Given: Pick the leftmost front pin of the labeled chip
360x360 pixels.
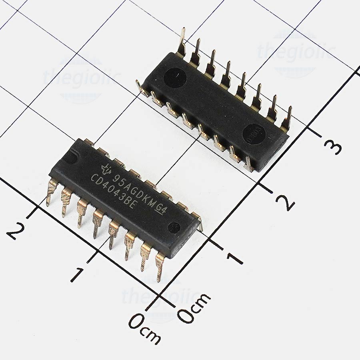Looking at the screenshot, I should click(52, 192).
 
